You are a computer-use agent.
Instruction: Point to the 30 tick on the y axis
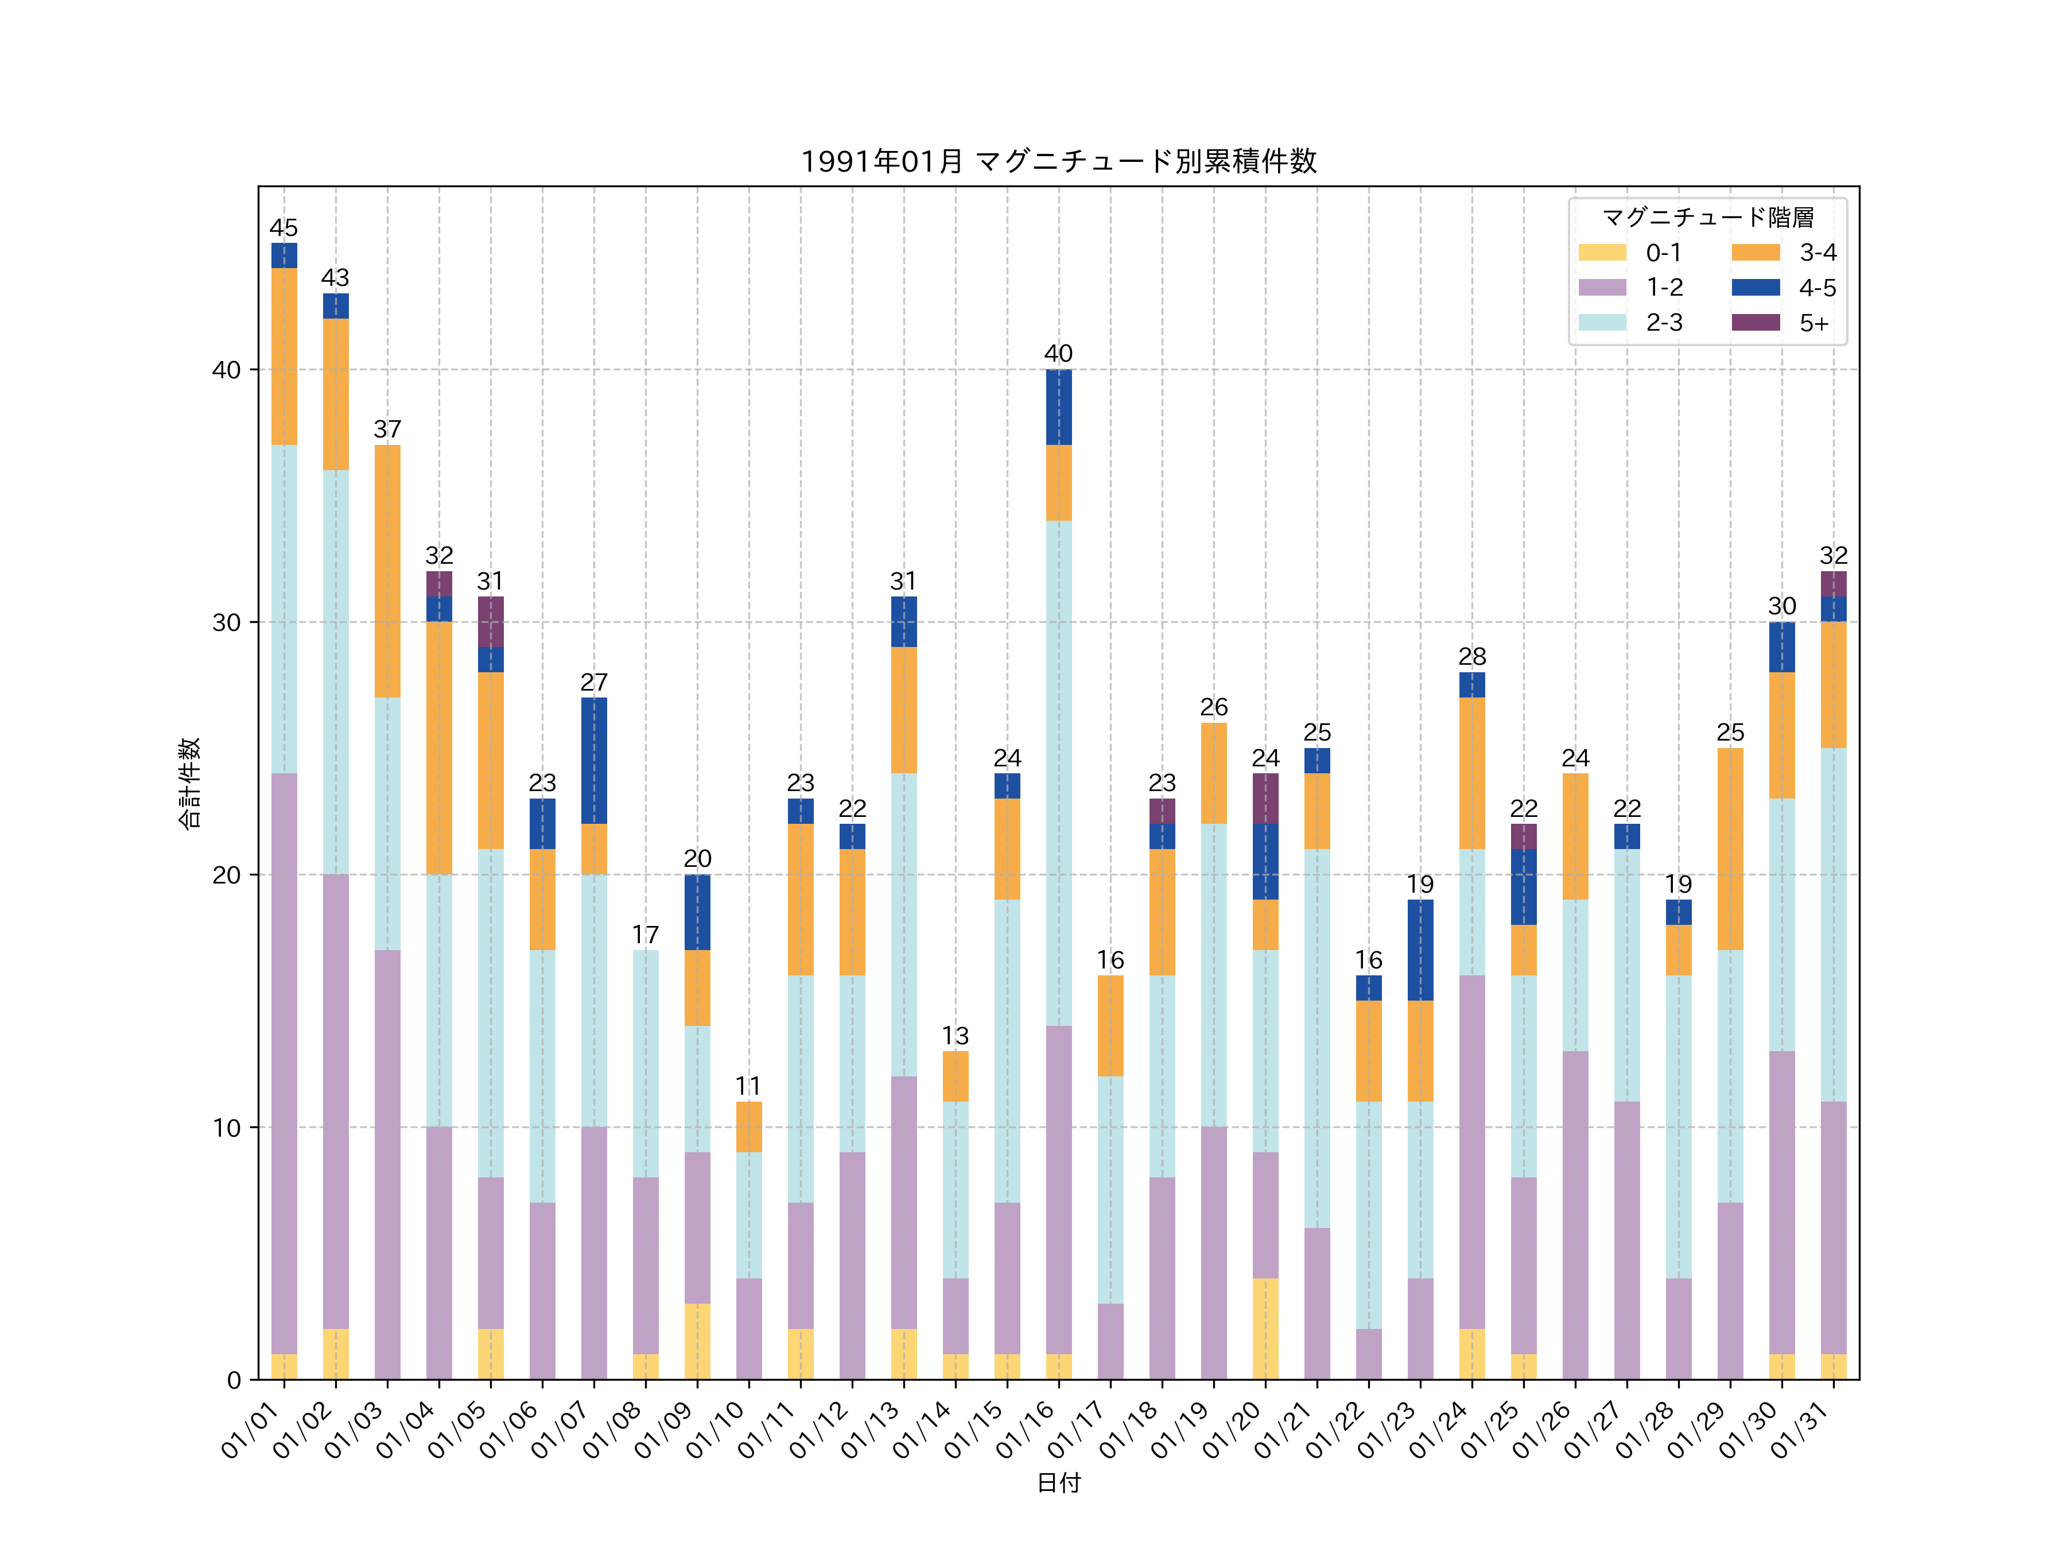tap(226, 622)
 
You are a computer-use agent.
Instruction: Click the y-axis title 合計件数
tap(189, 783)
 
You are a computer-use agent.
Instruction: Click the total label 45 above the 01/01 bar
tap(284, 228)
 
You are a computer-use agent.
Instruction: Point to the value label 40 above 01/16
tap(1058, 354)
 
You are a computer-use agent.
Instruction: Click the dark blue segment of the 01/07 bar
tap(594, 761)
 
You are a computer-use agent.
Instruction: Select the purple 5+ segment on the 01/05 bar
tap(490, 621)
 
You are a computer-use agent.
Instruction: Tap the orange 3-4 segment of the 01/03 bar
tap(387, 571)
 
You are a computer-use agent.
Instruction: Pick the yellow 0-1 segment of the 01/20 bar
tap(1265, 1328)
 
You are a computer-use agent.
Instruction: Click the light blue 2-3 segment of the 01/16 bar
tap(1058, 773)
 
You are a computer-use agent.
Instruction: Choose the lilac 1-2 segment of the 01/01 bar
tap(284, 1063)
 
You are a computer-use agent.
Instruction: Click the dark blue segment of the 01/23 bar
tap(1420, 950)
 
